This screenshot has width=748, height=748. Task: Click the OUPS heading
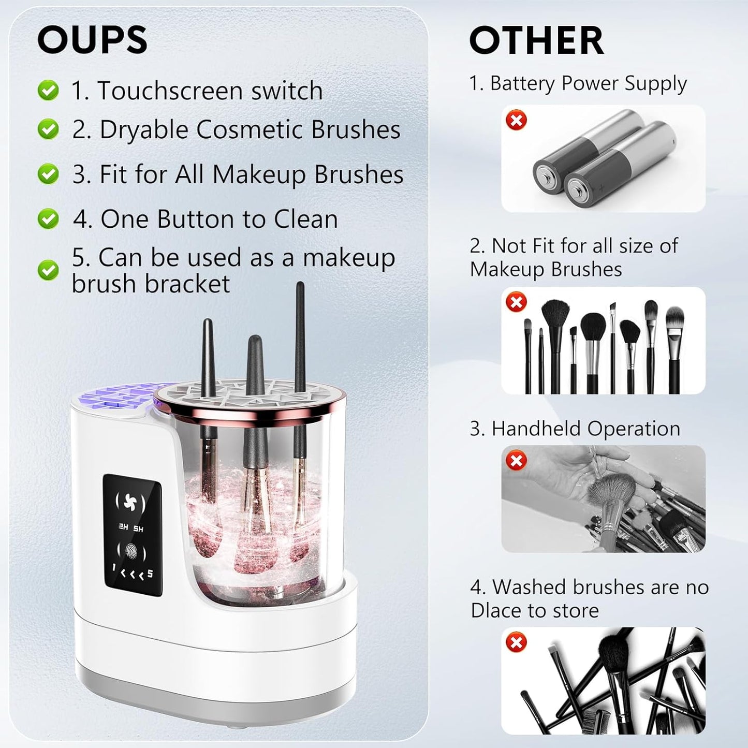pyautogui.click(x=92, y=40)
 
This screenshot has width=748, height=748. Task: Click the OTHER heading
pyautogui.click(x=536, y=40)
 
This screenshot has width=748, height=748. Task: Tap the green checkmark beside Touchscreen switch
pyautogui.click(x=48, y=90)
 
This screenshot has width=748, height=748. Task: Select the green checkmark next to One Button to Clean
pyautogui.click(x=48, y=219)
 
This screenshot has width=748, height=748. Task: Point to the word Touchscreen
pyautogui.click(x=170, y=91)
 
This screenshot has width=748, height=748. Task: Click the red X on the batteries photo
pyautogui.click(x=516, y=120)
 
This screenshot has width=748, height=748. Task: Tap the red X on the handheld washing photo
pyautogui.click(x=516, y=460)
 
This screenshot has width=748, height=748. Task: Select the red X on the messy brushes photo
pyautogui.click(x=516, y=642)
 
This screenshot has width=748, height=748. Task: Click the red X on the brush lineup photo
pyautogui.click(x=516, y=302)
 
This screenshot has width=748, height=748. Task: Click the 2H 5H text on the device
pyautogui.click(x=130, y=529)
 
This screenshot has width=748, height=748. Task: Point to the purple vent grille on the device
pyautogui.click(x=111, y=399)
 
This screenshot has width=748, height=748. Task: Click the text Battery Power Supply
pyautogui.click(x=588, y=83)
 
